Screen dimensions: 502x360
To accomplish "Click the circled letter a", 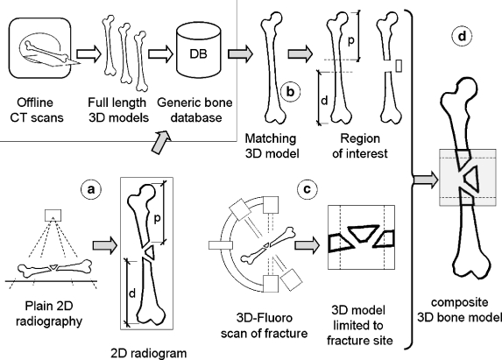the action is (91, 189).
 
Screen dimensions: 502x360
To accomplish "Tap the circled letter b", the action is (290, 92).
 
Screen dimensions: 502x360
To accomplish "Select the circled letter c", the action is (307, 189).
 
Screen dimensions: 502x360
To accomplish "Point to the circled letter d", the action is (462, 37).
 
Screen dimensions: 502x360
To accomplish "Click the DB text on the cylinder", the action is (198, 53).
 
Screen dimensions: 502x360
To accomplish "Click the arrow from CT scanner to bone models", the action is (88, 54).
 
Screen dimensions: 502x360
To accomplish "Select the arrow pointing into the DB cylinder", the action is (160, 54).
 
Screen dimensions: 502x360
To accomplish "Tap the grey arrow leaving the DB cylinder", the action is (240, 53).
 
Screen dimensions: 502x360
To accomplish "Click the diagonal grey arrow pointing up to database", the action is (162, 142).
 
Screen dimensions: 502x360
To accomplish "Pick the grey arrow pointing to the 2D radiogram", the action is (104, 245).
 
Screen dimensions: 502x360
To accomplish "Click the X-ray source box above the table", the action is (53, 215).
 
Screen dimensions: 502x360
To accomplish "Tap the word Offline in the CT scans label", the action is (35, 102).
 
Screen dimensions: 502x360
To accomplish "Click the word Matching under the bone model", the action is (271, 138).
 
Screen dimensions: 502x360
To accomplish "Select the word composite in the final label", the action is (459, 302).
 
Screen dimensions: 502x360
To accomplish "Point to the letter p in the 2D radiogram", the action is (157, 219).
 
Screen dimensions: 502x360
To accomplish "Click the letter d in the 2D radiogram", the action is (132, 293).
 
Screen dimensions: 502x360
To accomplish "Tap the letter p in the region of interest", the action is (351, 41).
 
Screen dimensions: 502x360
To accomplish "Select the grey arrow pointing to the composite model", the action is (426, 180).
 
